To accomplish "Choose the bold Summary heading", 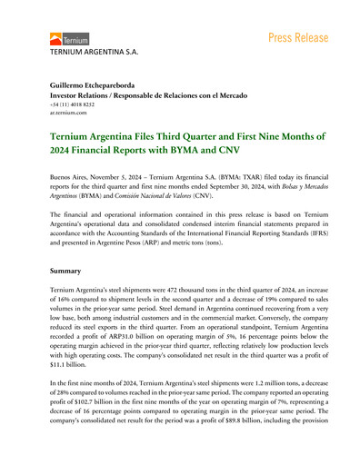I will (x=69, y=270).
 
